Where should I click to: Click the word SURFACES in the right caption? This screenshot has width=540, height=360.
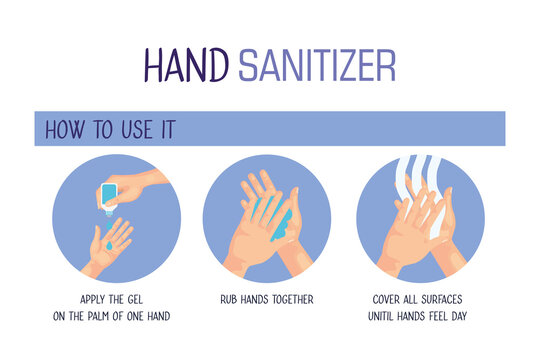coord(442,299)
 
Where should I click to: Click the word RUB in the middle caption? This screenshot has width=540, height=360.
coord(228,299)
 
